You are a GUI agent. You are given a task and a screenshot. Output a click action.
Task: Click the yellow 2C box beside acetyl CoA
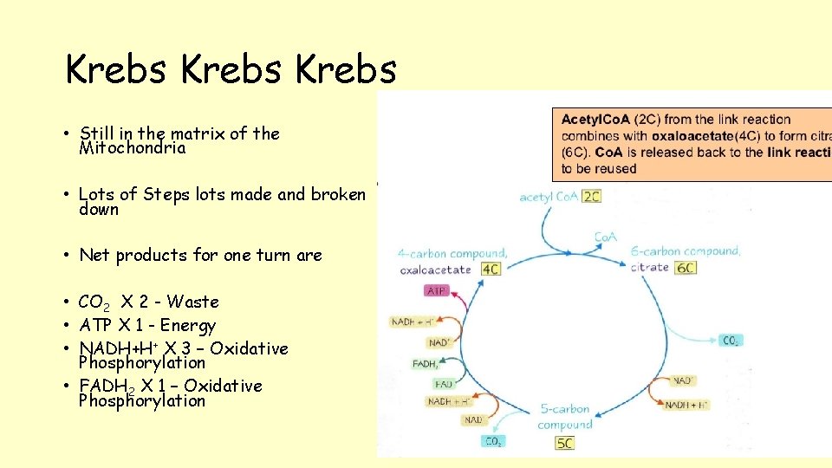click(592, 197)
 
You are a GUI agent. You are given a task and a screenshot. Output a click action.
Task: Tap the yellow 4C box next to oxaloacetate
click(491, 269)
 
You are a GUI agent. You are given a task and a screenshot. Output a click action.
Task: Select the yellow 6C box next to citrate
click(686, 268)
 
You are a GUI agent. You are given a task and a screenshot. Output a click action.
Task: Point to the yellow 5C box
click(564, 444)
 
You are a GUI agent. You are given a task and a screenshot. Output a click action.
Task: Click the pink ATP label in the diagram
click(438, 291)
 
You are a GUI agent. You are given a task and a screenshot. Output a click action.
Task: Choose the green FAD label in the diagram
click(444, 384)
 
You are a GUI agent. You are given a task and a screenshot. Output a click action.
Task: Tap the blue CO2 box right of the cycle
click(731, 341)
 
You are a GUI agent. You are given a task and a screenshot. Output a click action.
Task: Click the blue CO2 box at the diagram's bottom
click(493, 442)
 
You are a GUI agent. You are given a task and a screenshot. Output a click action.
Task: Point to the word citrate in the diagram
click(650, 268)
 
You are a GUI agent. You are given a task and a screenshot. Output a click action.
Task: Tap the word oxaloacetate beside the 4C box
click(436, 270)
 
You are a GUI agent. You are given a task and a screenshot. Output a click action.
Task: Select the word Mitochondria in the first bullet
click(132, 148)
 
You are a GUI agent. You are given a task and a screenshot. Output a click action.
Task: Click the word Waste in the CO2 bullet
click(192, 302)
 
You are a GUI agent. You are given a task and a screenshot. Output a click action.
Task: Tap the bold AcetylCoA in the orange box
click(595, 120)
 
